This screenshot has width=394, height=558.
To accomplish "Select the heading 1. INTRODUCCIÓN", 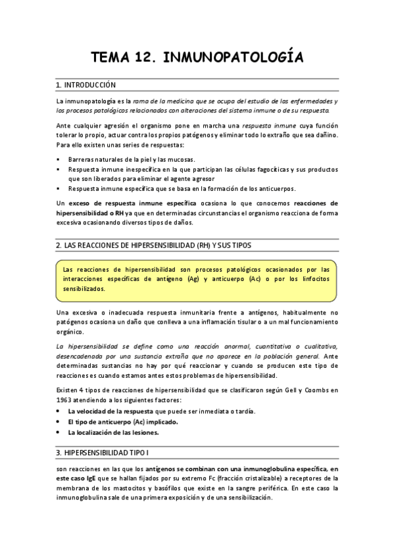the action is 86,85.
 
